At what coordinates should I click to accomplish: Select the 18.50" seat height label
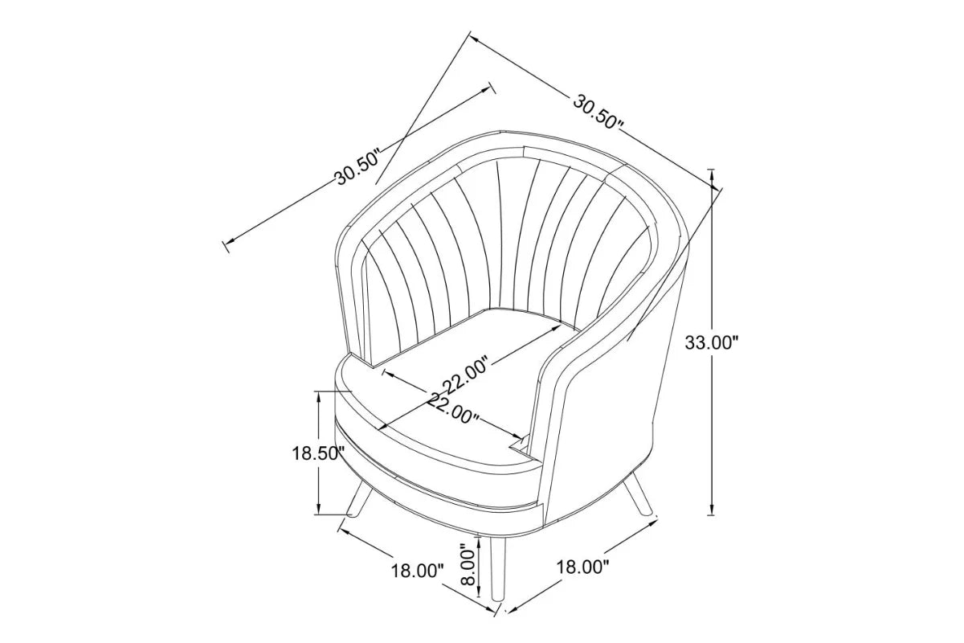pos(318,453)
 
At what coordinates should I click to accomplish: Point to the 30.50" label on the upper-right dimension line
pos(598,112)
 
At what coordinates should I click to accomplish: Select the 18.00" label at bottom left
pos(417,571)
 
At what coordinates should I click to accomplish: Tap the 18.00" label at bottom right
pos(582,567)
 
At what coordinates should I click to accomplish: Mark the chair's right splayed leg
pos(640,492)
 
